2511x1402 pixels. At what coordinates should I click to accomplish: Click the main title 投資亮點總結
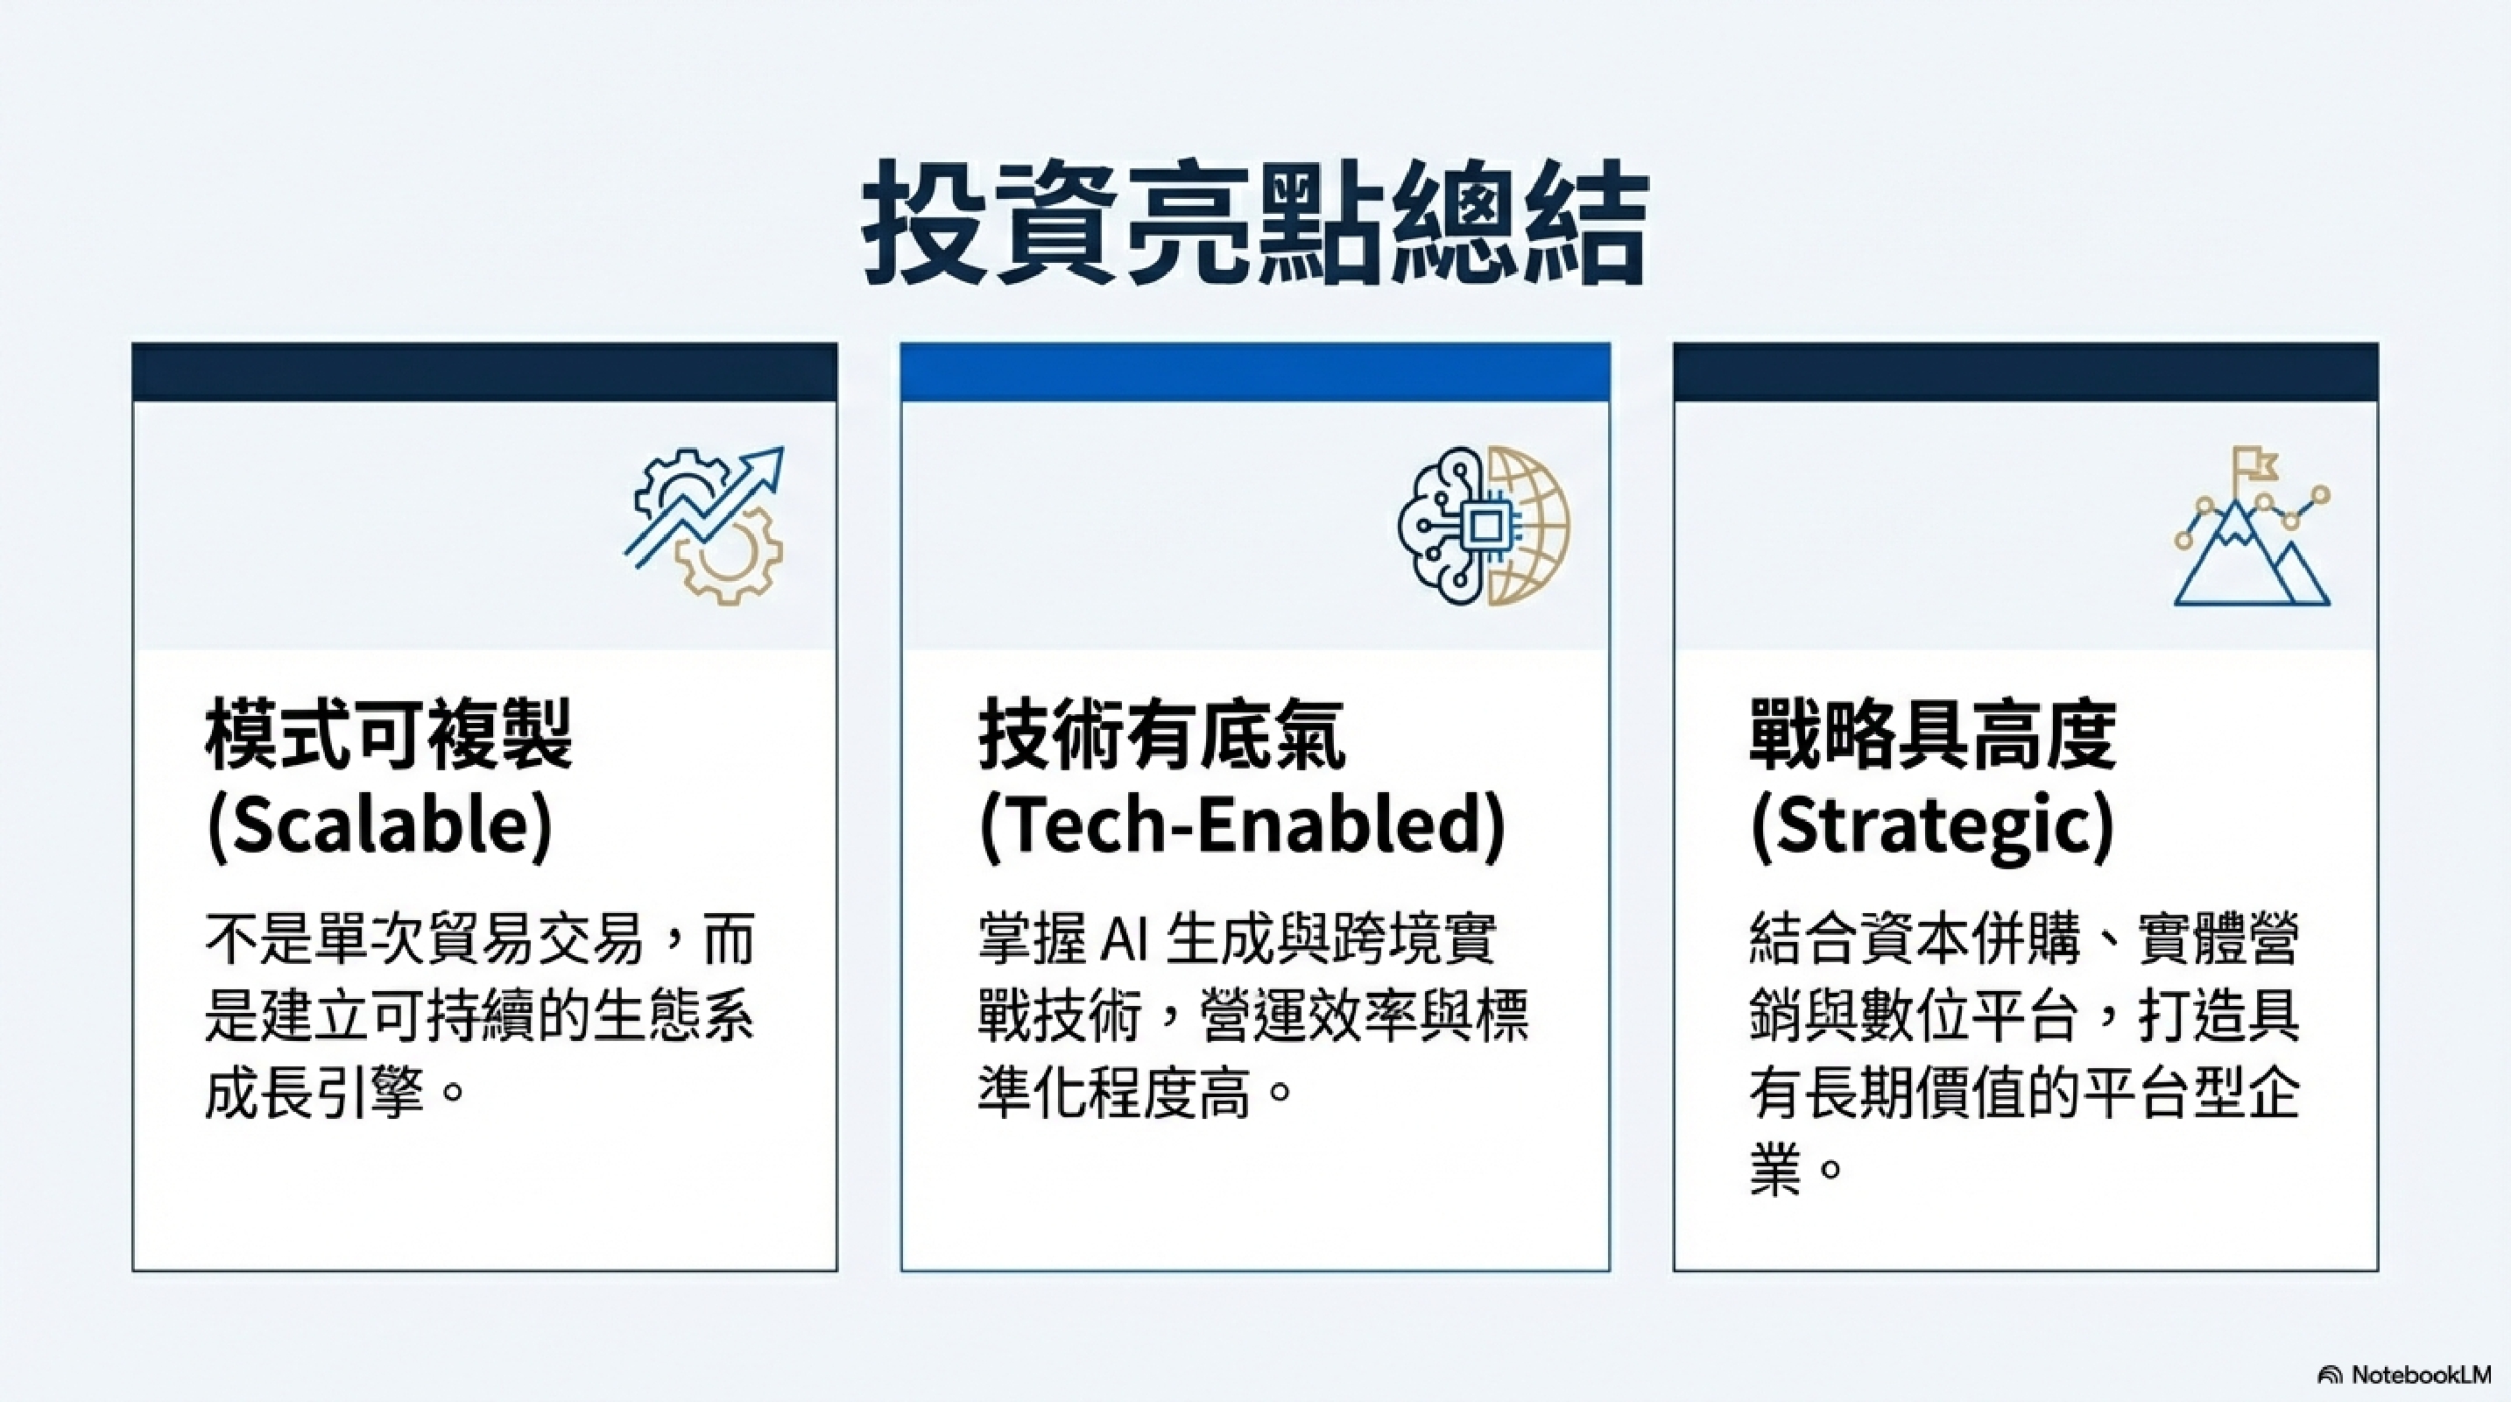tap(1256, 223)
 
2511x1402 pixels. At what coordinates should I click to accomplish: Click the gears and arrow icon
tap(705, 525)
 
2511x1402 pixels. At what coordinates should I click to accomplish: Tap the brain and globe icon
tap(1484, 526)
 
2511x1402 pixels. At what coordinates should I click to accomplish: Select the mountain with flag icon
tap(2252, 527)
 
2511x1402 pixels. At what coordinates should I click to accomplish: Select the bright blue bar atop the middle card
tap(1256, 372)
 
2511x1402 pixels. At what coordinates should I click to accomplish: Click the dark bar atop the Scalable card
tap(484, 372)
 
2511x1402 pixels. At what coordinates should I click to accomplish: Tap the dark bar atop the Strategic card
tap(2026, 372)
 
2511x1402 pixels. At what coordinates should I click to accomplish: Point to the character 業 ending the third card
tap(1775, 1169)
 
